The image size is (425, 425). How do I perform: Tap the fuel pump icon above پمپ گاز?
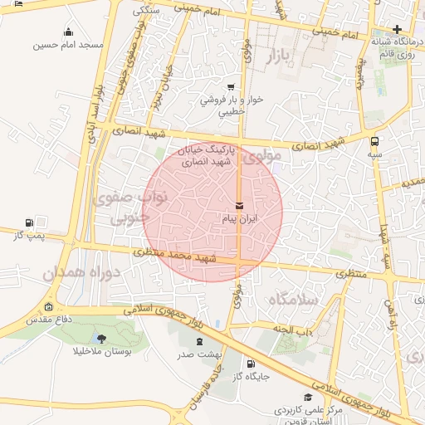30,222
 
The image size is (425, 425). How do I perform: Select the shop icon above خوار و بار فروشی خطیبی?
230,86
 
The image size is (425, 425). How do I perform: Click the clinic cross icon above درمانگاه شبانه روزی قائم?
398,30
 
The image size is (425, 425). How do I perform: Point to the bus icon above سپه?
375,141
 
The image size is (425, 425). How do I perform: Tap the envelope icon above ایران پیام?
240,205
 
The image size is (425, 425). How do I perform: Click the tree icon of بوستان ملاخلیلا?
101,338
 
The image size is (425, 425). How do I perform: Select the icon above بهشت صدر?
198,340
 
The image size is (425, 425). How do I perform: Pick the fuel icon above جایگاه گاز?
252,363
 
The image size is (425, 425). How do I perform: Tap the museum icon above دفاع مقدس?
48,307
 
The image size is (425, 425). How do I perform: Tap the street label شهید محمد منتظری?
175,256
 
